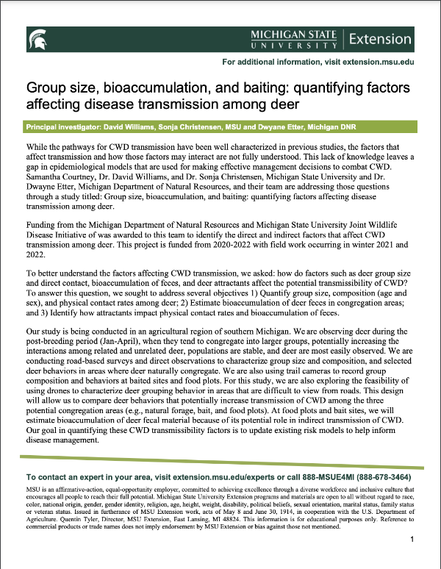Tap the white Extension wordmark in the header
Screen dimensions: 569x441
tap(380, 38)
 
